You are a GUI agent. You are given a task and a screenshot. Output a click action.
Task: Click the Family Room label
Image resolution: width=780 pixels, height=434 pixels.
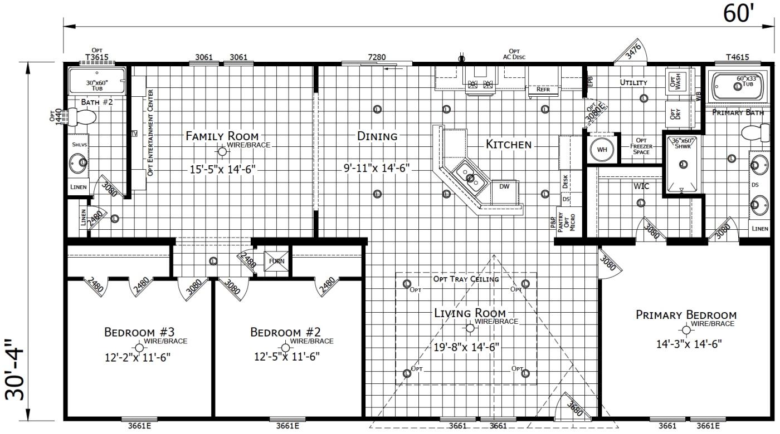tap(222, 136)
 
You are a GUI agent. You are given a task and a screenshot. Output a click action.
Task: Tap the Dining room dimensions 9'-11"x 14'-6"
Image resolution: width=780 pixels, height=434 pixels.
tap(377, 167)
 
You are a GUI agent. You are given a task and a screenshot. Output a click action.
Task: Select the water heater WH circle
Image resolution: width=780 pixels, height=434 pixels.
tap(602, 150)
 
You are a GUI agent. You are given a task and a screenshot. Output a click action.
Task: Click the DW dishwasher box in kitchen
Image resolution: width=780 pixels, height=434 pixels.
tap(504, 187)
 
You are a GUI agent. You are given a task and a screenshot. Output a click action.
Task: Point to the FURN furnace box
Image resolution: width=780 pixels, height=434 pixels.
tap(277, 260)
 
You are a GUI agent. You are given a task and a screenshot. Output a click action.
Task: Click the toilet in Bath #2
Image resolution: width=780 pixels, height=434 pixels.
tap(83, 117)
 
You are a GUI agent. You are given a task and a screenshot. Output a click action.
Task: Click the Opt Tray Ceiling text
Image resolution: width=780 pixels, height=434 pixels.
tap(466, 279)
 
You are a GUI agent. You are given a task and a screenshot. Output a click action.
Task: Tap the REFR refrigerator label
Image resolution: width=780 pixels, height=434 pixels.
tap(543, 89)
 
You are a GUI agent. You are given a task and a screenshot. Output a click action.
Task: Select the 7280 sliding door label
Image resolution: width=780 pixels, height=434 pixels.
tap(377, 57)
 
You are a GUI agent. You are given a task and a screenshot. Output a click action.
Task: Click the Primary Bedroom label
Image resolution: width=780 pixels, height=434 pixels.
tap(686, 315)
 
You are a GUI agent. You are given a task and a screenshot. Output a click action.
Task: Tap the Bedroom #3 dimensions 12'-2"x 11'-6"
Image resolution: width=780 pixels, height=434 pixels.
tap(137, 357)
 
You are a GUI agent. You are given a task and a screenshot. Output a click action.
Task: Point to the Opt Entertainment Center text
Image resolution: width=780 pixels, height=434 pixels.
tap(150, 132)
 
